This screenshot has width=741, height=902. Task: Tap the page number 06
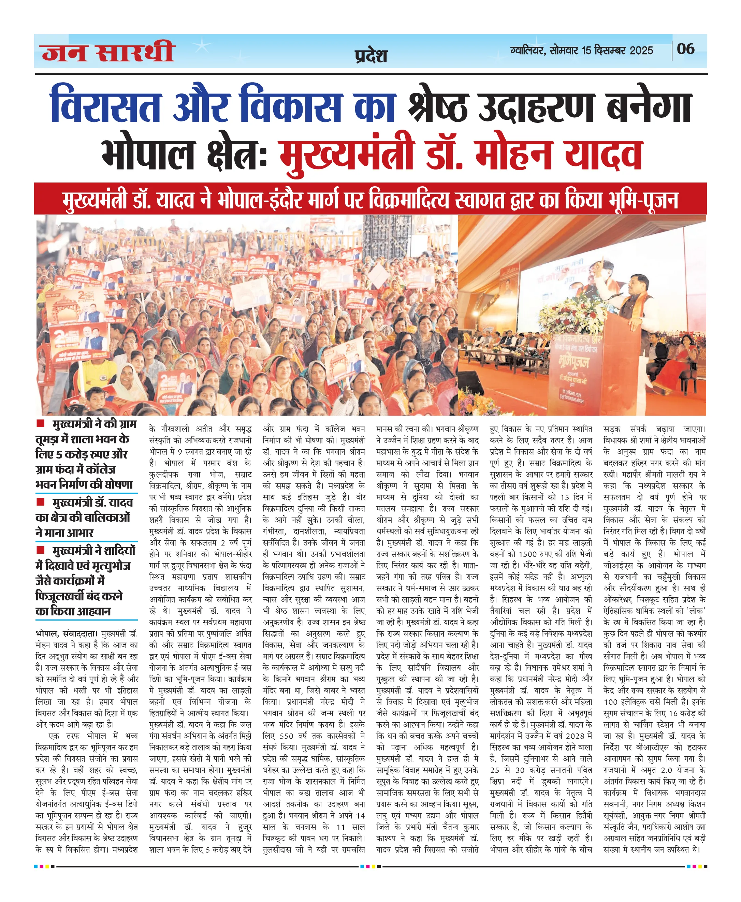[x=685, y=49]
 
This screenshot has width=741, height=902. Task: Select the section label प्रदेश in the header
[x=370, y=56]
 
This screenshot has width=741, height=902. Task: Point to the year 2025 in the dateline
[x=641, y=50]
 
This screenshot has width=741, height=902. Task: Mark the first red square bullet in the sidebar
[x=41, y=423]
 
